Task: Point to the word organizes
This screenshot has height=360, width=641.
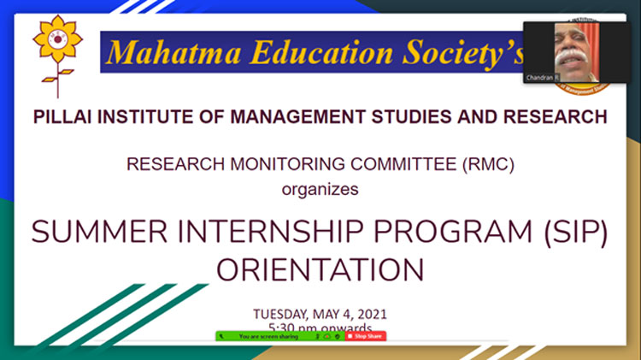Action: pyautogui.click(x=320, y=189)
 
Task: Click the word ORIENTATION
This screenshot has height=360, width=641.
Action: pyautogui.click(x=320, y=270)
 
